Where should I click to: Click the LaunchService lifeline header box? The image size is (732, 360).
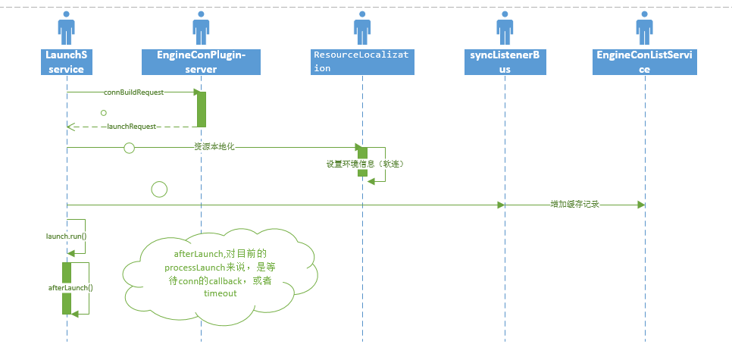67,61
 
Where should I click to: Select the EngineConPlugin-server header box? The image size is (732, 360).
201,61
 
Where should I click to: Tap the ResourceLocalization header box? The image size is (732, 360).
362,61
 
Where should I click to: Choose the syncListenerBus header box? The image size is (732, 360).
504,61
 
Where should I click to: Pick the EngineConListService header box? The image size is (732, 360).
645,61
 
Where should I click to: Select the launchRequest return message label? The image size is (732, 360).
131,127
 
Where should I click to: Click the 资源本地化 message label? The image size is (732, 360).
214,146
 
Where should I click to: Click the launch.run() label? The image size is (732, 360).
67,236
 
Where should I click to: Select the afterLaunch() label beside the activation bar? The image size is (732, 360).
70,288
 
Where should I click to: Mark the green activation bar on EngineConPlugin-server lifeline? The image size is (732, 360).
202,108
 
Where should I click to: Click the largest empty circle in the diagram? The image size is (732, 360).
159,189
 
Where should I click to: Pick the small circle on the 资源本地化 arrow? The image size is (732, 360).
129,147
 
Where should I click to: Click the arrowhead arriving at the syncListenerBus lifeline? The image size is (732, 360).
500,205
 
